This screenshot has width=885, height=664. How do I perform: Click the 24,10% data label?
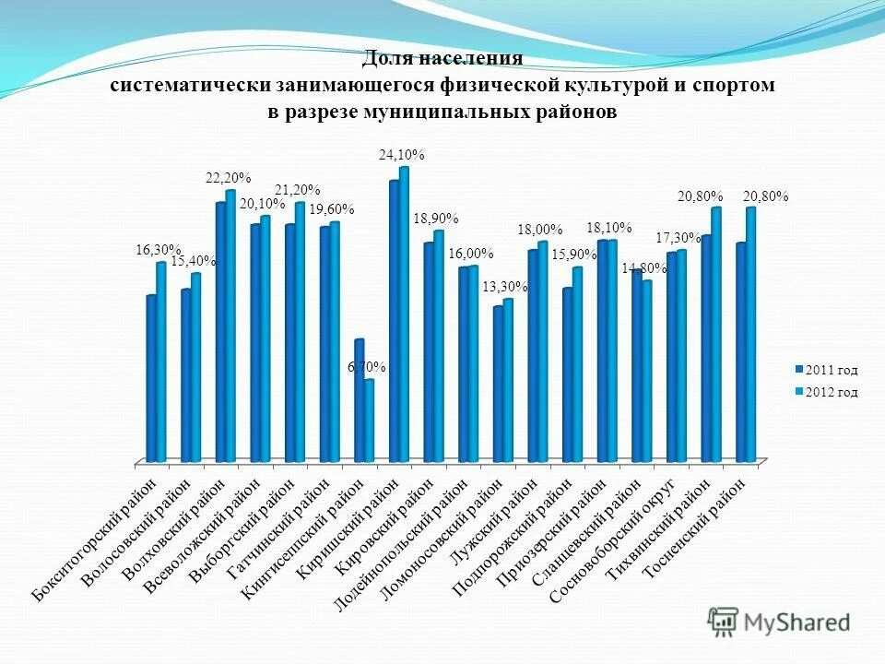[x=402, y=156]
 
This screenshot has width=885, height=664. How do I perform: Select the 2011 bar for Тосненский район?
[x=741, y=351]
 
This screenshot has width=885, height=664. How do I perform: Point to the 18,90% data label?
[x=436, y=219]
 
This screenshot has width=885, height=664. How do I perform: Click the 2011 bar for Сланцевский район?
[x=637, y=365]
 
